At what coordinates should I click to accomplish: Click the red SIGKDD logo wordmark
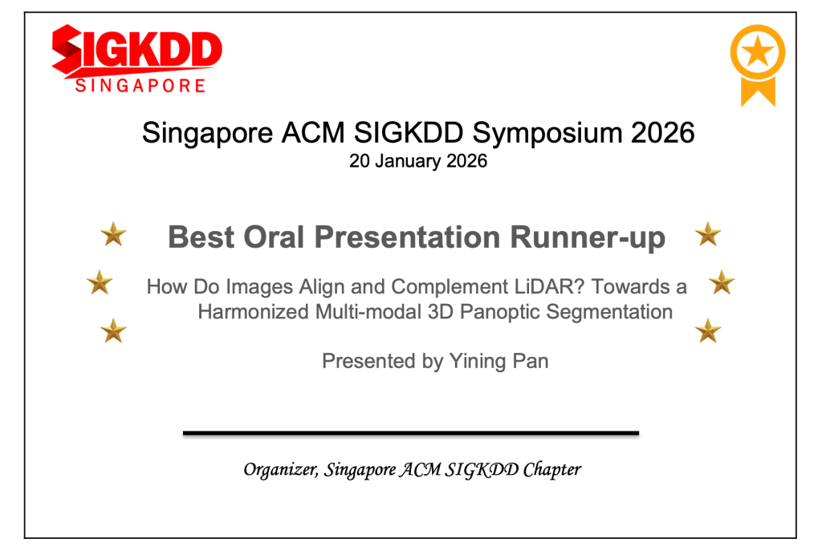click(x=136, y=50)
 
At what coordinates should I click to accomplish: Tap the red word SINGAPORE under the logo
click(x=140, y=86)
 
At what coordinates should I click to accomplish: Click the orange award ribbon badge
click(x=758, y=66)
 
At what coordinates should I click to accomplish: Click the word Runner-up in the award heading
click(x=588, y=237)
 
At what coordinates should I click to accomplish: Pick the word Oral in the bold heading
click(x=274, y=237)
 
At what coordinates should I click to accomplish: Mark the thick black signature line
click(x=411, y=433)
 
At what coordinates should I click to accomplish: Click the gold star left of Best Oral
click(x=113, y=234)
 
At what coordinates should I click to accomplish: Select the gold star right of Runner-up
click(x=708, y=234)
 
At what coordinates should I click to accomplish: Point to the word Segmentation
click(x=609, y=312)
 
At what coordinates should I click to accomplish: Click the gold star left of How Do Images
click(x=100, y=282)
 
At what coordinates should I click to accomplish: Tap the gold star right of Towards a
click(x=722, y=282)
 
